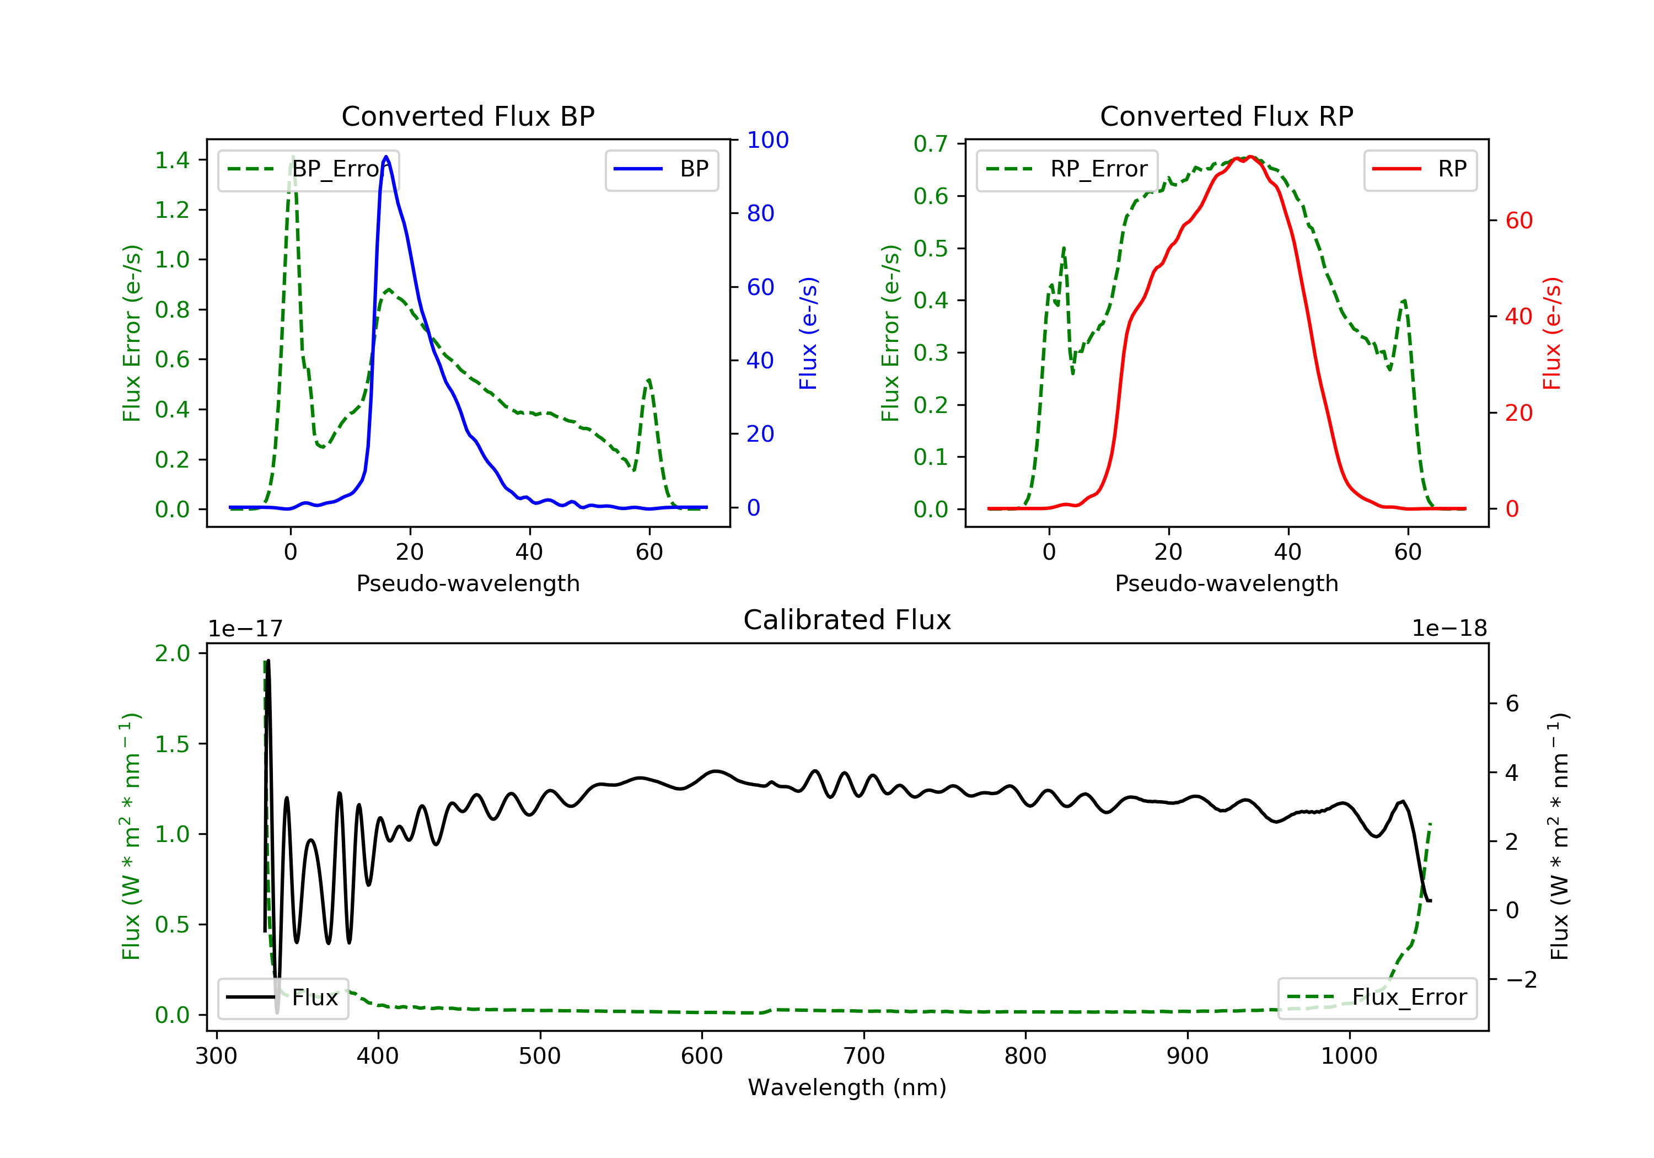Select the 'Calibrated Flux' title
(847, 620)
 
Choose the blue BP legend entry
(661, 170)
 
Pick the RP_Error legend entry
(1067, 170)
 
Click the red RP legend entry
(1420, 170)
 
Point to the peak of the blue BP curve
(386, 157)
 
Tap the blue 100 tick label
(768, 140)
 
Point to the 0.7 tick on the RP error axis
(931, 144)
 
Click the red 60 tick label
(1519, 221)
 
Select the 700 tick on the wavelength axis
(864, 1057)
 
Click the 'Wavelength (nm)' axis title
(847, 1087)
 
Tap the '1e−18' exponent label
(1449, 629)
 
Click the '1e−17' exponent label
(246, 629)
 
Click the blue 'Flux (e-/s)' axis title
(808, 334)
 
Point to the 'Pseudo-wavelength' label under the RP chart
(1227, 583)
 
